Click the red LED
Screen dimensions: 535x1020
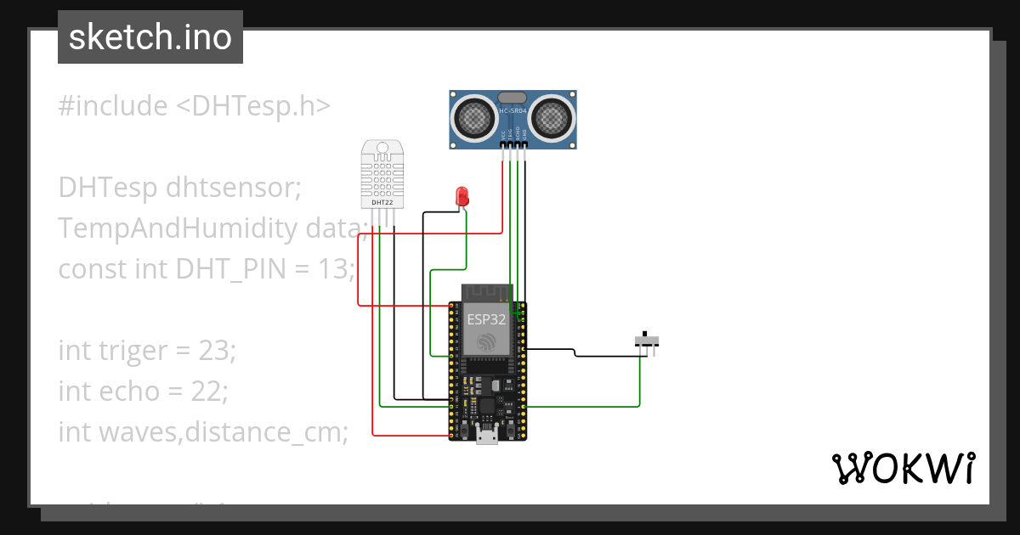pos(462,195)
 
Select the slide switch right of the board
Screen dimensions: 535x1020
pos(648,342)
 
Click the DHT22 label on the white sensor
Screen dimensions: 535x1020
pos(382,203)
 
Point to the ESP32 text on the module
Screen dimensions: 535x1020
pos(486,320)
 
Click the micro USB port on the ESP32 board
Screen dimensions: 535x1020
pos(487,436)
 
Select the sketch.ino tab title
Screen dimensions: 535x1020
pos(150,37)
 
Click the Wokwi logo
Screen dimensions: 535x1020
pos(903,468)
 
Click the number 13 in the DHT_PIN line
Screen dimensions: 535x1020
pos(336,269)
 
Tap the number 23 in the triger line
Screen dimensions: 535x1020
pos(212,350)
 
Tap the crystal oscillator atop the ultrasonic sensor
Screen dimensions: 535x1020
pos(513,99)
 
